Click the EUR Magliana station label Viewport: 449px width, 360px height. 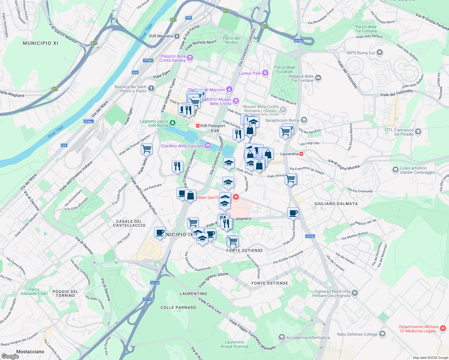[161, 36]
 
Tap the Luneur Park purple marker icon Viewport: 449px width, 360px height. [265, 73]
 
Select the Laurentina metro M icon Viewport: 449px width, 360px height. [301, 154]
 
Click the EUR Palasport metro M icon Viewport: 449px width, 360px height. [198, 126]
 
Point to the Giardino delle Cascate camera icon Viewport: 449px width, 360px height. [207, 146]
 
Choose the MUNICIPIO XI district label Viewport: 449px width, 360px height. [41, 43]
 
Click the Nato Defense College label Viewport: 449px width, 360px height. [357, 334]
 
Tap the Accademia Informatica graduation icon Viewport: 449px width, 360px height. [282, 337]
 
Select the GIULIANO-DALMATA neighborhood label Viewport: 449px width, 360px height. [336, 204]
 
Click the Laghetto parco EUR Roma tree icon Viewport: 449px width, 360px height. [172, 122]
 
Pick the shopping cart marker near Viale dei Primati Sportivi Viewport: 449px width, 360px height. [147, 149]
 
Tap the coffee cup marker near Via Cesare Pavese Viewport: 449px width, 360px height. [293, 213]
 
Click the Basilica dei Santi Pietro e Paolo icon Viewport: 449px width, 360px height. [151, 88]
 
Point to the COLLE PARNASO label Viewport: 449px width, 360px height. [178, 307]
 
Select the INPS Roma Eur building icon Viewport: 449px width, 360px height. [380, 53]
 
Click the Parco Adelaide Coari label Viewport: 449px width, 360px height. [34, 292]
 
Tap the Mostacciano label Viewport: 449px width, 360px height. [30, 352]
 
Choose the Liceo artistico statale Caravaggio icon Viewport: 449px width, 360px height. [395, 170]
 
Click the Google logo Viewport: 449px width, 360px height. [10, 356]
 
